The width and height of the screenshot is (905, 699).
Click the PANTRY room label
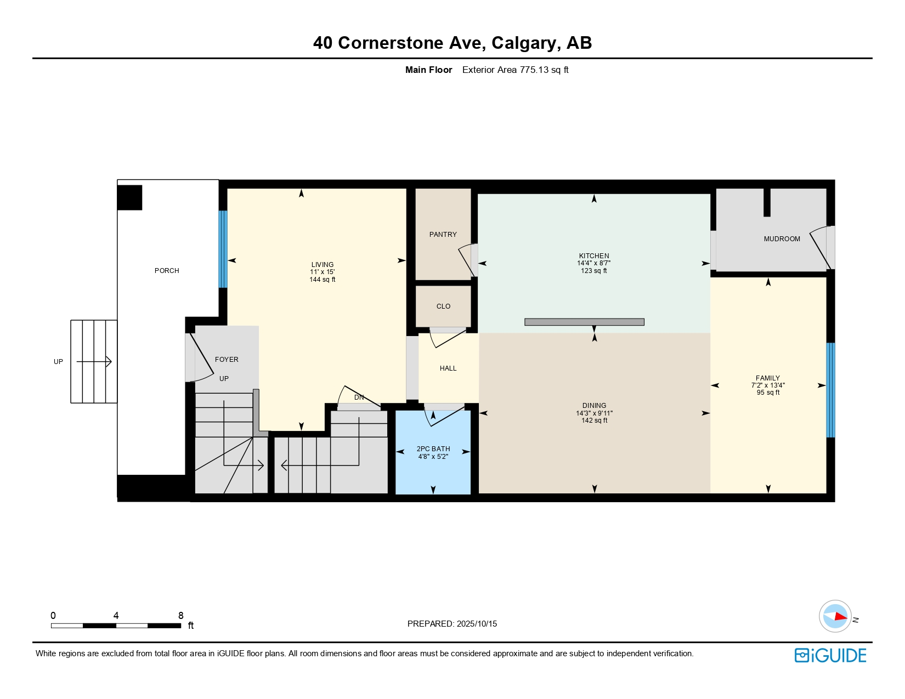point(443,235)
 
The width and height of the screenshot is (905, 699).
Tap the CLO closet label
point(443,306)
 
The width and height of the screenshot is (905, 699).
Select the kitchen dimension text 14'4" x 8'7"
point(593,263)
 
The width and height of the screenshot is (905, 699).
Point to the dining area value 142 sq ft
point(594,420)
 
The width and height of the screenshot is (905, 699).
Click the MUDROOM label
point(781,239)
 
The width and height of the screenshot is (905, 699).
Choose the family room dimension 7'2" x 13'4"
point(767,385)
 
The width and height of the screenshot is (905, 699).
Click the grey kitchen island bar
point(584,322)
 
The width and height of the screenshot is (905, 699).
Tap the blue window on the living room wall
point(223,249)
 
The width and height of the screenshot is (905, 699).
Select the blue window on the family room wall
point(830,390)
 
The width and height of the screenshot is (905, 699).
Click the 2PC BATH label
point(433,449)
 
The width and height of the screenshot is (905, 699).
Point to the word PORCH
point(167,271)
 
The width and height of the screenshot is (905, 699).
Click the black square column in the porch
point(129,197)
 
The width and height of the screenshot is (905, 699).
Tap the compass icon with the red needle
point(835,616)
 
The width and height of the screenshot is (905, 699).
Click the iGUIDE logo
point(830,655)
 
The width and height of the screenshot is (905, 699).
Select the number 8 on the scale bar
point(181,615)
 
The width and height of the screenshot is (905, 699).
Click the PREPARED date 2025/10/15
point(477,624)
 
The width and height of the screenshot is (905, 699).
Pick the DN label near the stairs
point(359,397)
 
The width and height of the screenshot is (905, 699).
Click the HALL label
point(448,368)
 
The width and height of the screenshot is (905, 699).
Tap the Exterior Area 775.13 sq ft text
point(515,70)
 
